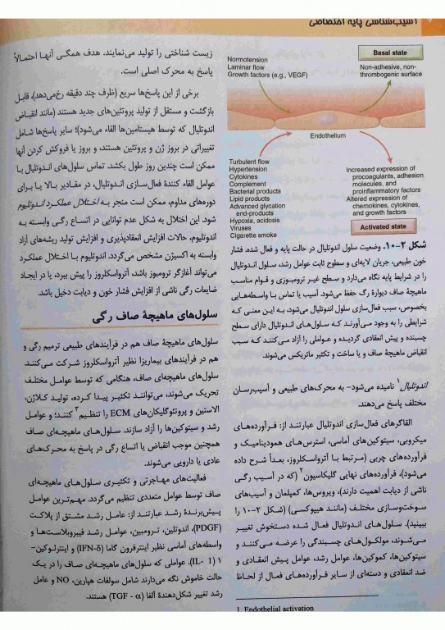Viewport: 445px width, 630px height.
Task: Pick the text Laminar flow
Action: (248, 67)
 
